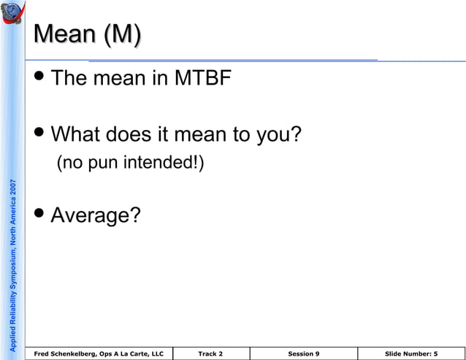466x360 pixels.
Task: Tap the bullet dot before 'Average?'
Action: (42, 214)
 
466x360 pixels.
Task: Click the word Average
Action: (95, 215)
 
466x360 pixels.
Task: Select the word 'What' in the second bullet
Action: (76, 136)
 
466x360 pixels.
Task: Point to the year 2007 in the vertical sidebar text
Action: (14, 191)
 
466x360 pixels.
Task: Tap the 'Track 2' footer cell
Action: (210, 353)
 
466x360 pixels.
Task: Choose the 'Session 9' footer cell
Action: (303, 353)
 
